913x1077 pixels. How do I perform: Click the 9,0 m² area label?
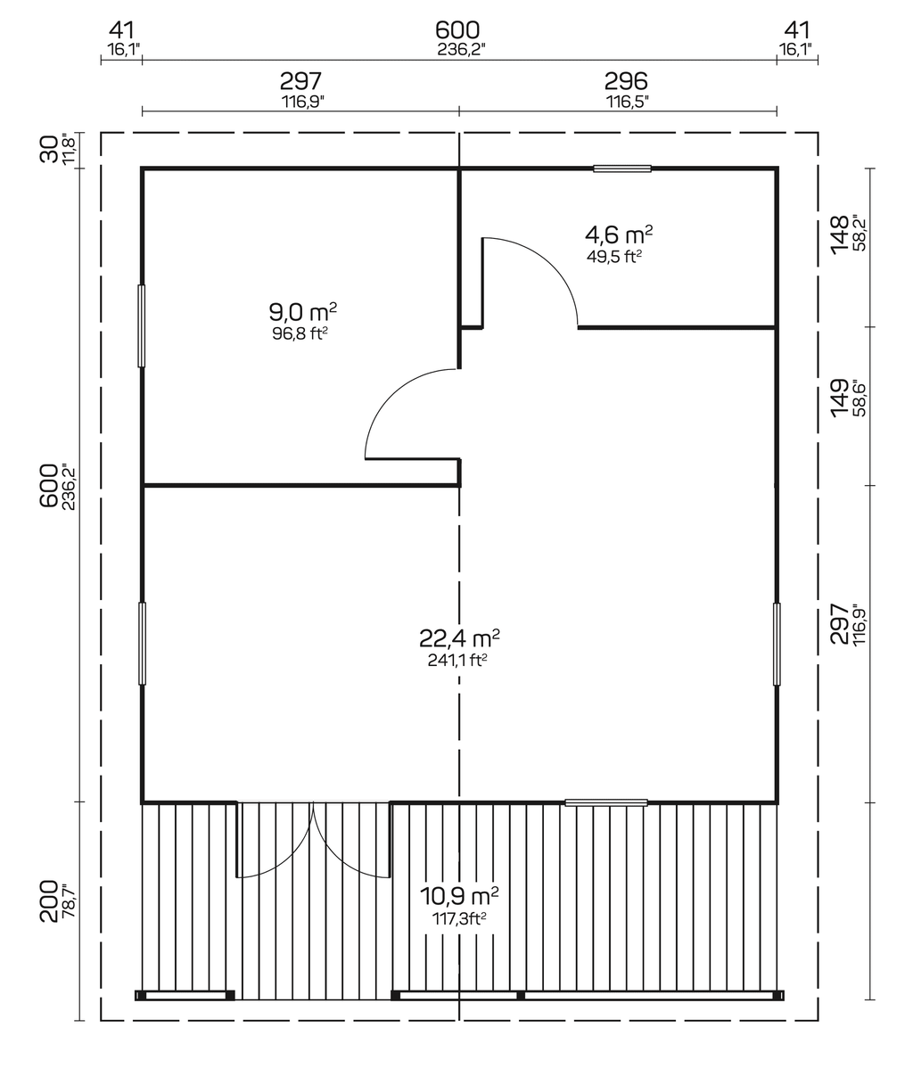click(x=302, y=312)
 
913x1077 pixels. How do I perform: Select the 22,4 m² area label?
click(x=458, y=638)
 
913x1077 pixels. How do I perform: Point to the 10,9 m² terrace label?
click(x=458, y=894)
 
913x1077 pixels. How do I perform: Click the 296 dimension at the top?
click(x=627, y=82)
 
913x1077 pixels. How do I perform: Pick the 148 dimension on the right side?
click(x=839, y=234)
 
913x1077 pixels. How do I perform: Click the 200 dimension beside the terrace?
click(x=50, y=900)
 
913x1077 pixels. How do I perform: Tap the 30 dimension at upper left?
click(x=50, y=148)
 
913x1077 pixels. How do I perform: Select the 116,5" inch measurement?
click(x=627, y=102)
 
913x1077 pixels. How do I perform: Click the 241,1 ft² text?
click(x=456, y=661)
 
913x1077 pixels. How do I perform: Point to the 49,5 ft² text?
click(x=614, y=257)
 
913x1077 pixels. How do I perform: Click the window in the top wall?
click(x=622, y=168)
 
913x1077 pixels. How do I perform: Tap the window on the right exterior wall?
click(x=777, y=644)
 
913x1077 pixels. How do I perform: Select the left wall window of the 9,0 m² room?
click(x=141, y=325)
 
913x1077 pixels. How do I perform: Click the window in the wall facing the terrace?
click(x=606, y=802)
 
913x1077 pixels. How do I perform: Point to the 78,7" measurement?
click(x=70, y=900)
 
